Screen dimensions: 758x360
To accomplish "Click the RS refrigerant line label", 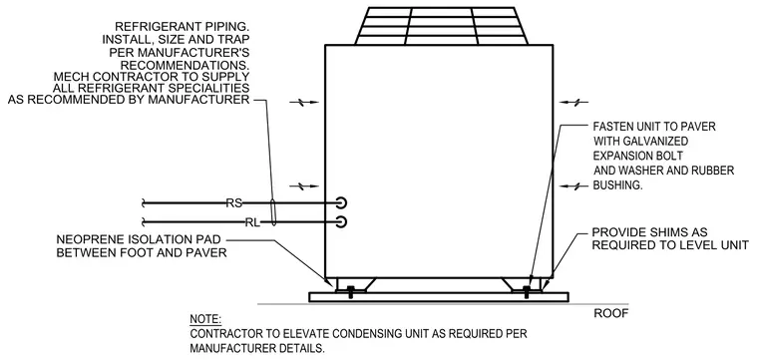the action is coord(234,203).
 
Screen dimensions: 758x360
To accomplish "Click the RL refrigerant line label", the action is coord(252,222).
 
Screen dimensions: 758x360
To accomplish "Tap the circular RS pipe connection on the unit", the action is coord(341,202).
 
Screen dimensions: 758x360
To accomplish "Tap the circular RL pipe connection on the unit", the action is coord(341,221).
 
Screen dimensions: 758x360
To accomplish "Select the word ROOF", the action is coord(611,313).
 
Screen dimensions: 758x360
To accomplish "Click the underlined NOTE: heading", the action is coord(205,319).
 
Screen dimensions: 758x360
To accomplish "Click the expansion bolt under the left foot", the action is coord(350,291).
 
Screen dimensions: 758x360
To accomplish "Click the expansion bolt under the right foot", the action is coord(527,291).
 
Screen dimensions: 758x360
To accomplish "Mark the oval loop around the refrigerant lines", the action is coord(273,212).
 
